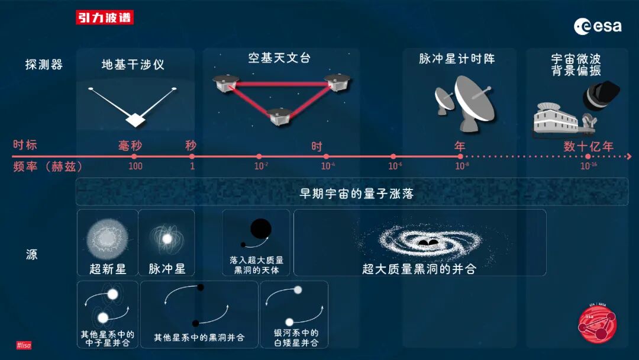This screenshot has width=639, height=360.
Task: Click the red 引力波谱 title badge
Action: tap(105, 18)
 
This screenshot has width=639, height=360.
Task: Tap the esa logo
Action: tap(597, 26)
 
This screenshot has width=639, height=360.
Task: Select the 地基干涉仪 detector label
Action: tap(133, 65)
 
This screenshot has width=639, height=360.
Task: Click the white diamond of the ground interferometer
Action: tap(135, 120)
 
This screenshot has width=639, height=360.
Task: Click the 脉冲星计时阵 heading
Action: tap(457, 59)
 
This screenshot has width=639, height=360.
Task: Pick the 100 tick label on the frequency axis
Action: tap(135, 166)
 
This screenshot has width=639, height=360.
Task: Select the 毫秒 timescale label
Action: tap(131, 146)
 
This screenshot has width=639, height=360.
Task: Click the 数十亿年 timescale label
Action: tap(588, 146)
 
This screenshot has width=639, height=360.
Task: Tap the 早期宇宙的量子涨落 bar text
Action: tap(356, 194)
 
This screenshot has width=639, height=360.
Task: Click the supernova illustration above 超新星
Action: tap(108, 238)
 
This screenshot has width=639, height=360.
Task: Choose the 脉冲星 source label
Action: tap(167, 269)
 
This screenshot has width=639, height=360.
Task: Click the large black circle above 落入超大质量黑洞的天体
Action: tap(260, 229)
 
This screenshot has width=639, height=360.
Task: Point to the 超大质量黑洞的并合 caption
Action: tap(419, 269)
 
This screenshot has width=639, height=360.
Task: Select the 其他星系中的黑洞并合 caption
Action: tap(199, 337)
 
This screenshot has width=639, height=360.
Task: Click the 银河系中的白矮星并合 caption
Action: tap(296, 337)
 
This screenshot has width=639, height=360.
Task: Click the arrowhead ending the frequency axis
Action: tap(629, 156)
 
